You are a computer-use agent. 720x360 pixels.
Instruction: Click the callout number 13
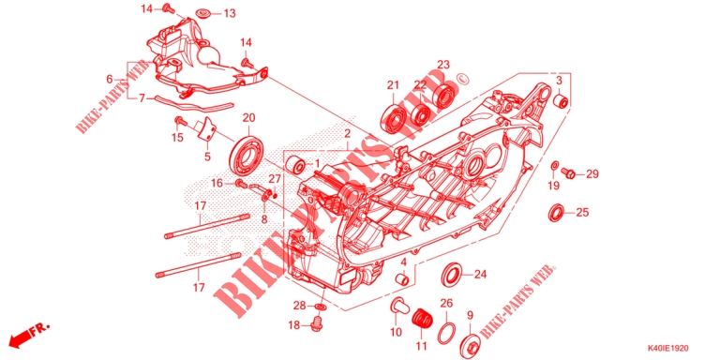tap(230, 13)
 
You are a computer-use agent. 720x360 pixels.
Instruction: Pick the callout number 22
tap(420, 84)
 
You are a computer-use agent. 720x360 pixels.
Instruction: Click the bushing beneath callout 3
tap(560, 100)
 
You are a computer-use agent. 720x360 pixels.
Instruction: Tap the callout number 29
tap(592, 174)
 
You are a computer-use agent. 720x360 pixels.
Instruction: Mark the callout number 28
tap(298, 306)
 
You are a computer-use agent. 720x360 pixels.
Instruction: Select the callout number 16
tap(216, 183)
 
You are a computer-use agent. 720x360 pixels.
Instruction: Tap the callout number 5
tap(208, 157)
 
